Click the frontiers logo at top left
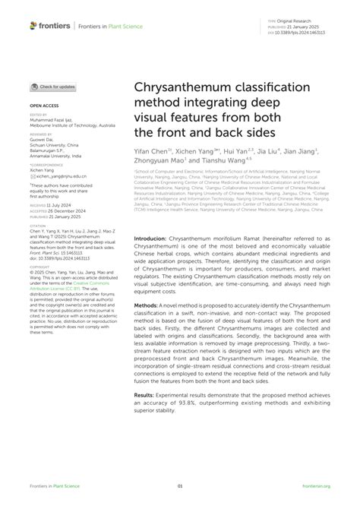(50, 25)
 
